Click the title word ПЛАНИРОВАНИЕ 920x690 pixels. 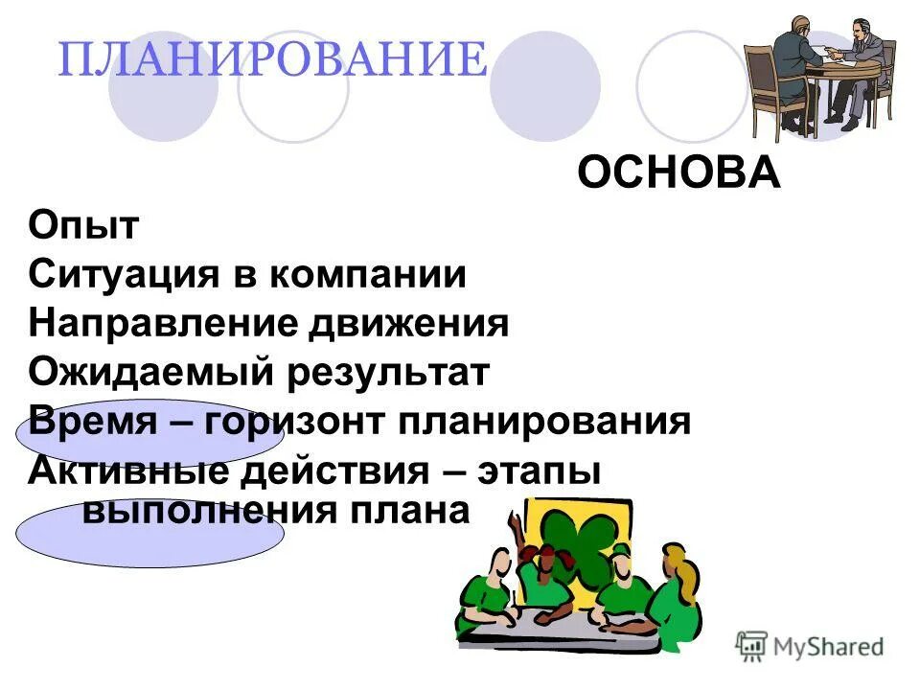click(273, 59)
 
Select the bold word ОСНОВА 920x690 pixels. click(678, 173)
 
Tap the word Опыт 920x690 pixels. click(84, 227)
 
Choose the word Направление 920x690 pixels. click(162, 324)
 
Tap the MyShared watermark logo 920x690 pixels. click(810, 645)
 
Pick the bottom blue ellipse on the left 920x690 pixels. click(149, 533)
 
